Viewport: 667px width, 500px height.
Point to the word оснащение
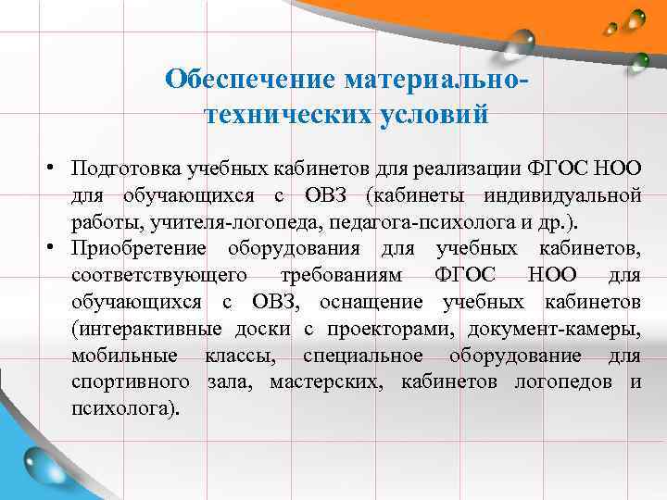click(x=375, y=302)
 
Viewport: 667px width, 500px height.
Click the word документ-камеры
click(x=555, y=328)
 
